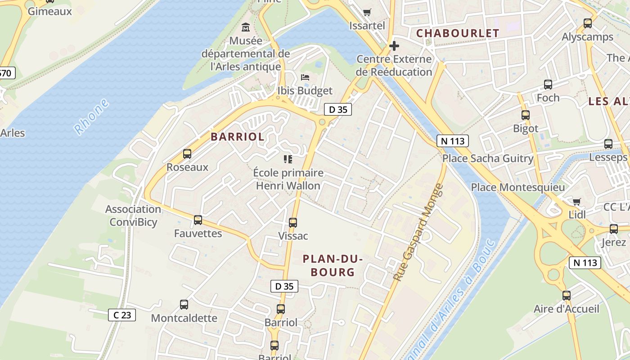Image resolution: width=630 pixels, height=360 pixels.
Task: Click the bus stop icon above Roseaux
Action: [187, 154]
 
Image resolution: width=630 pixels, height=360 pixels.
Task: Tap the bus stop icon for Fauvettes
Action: [198, 220]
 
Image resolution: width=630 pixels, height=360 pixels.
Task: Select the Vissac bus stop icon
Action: [293, 222]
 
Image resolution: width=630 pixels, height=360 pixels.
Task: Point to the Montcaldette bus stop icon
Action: [184, 305]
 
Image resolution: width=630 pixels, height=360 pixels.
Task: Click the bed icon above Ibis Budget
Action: [305, 77]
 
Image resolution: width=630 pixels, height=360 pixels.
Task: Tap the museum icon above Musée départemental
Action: [246, 27]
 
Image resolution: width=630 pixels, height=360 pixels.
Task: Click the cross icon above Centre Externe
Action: [394, 46]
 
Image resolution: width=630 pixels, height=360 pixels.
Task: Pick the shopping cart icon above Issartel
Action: [367, 12]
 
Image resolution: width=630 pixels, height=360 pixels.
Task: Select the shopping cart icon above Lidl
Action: [577, 202]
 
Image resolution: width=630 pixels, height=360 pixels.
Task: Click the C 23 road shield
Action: [122, 315]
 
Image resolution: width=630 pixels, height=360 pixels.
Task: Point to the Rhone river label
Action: [92, 117]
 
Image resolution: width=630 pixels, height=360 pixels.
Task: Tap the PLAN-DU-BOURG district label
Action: [333, 265]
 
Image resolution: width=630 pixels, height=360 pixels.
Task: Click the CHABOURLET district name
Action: [458, 33]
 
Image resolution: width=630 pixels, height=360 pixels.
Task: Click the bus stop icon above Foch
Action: [548, 84]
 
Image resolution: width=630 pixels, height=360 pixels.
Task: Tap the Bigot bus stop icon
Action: [526, 115]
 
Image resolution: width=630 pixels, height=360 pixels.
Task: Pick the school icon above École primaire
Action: [288, 159]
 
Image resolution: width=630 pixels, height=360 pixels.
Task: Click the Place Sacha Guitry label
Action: [488, 158]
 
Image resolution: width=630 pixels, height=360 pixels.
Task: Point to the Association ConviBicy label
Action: [133, 216]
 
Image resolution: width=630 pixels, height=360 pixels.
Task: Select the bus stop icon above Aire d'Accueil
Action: [567, 296]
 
